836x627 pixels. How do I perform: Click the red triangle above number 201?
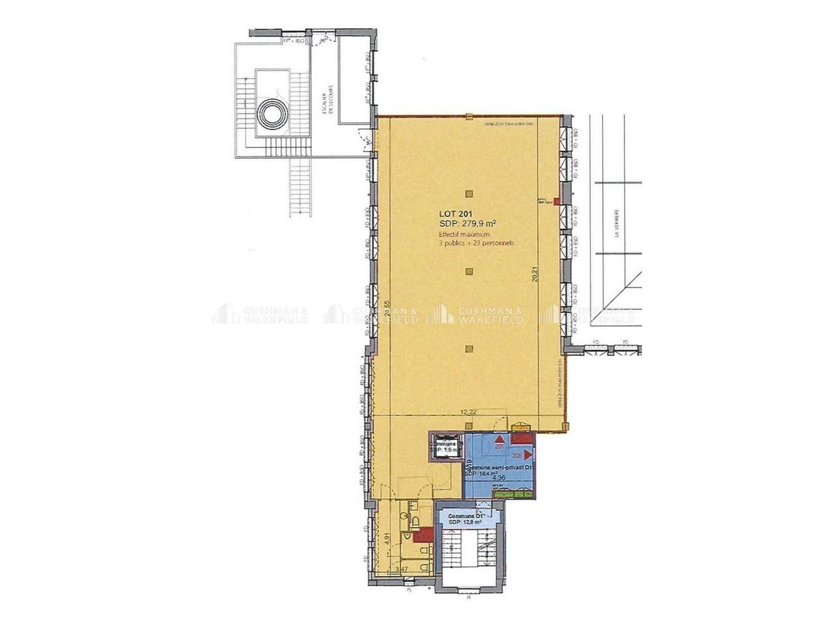coord(500,439)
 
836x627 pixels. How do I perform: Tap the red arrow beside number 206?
coord(527,456)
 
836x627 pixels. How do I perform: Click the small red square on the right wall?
coord(556,202)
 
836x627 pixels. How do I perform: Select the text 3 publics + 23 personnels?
coord(477,243)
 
